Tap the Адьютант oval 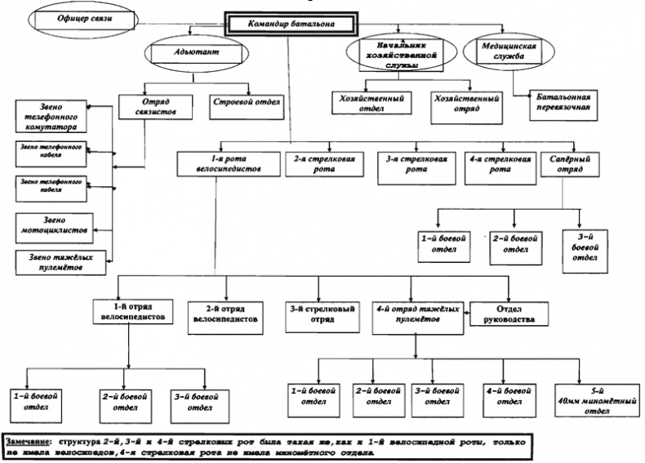(x=195, y=54)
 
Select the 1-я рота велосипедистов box (x=219, y=162)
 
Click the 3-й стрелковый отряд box (x=322, y=314)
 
